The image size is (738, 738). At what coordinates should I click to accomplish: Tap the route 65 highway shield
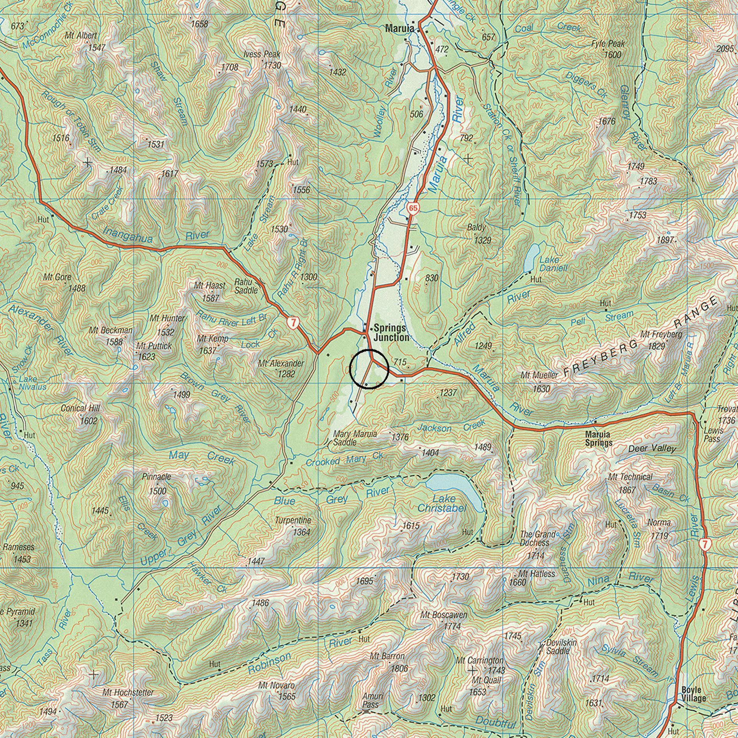click(413, 208)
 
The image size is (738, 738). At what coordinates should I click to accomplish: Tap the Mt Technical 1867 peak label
click(630, 483)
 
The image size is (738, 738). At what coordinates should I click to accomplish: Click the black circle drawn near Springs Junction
click(369, 369)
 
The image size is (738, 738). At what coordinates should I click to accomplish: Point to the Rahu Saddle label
click(246, 286)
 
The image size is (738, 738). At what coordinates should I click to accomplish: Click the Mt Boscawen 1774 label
click(444, 620)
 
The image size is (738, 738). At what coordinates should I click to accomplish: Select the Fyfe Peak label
click(608, 49)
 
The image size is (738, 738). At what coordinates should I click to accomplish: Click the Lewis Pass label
click(712, 435)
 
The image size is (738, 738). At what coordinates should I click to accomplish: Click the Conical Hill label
click(80, 414)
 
